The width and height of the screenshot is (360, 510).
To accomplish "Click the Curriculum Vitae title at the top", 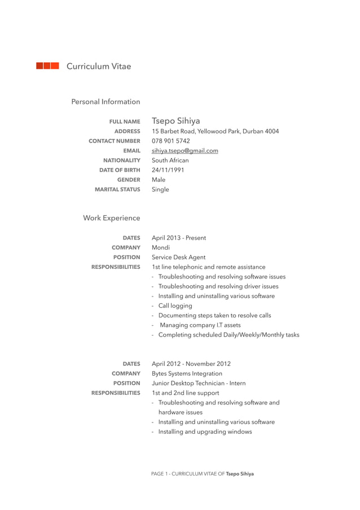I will [x=99, y=67].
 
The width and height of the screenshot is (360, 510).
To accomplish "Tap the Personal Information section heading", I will [x=106, y=102].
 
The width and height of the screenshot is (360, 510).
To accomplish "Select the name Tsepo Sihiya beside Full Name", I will [x=175, y=121].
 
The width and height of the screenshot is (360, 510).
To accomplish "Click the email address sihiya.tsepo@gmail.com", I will [x=185, y=151].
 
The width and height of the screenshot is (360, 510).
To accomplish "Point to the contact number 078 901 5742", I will [x=170, y=141].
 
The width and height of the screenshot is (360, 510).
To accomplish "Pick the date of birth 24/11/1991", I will [x=168, y=170].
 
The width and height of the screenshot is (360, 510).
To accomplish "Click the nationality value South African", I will [x=170, y=160].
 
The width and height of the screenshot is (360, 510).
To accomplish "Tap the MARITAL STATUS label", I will [x=117, y=190].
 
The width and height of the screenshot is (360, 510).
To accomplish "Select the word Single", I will [x=160, y=190].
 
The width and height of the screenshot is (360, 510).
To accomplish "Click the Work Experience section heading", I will [x=111, y=218].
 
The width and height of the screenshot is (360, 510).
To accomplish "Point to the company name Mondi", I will [x=161, y=247].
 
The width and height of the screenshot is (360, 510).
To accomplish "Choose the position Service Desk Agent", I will [x=178, y=257].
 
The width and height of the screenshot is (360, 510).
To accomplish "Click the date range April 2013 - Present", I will [x=178, y=238].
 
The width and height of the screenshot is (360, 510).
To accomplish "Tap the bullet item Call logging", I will [x=175, y=306].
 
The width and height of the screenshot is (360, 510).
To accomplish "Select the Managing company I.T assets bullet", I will [x=200, y=325].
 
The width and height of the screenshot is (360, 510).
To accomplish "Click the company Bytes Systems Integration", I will [x=187, y=373].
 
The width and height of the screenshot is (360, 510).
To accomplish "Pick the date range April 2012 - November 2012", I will [x=191, y=364].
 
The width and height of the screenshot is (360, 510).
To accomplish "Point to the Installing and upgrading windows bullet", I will [x=205, y=431].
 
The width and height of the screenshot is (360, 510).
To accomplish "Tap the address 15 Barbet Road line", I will [x=215, y=131].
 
